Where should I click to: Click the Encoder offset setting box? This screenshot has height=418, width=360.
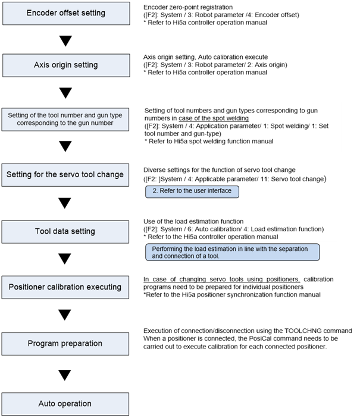click(66, 13)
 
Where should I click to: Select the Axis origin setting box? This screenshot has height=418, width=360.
click(66, 65)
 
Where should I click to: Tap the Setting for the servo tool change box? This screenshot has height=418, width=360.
click(65, 175)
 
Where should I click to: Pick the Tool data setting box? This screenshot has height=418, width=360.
click(65, 232)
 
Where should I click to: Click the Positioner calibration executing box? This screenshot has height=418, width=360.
click(65, 287)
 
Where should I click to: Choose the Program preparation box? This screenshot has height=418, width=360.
click(65, 344)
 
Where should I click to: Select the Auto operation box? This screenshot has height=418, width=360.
click(65, 404)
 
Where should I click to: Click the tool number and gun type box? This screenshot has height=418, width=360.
click(65, 120)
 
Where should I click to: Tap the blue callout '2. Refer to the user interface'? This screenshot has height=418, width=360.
click(192, 191)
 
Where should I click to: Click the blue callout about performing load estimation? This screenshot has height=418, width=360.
click(233, 252)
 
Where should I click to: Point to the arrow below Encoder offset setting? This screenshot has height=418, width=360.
click(65, 41)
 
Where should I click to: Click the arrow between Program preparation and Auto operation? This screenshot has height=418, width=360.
click(65, 375)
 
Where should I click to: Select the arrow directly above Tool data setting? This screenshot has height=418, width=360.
click(65, 203)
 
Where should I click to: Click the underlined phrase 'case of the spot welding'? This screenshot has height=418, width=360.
click(214, 118)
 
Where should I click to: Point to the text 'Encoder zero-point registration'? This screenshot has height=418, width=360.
click(188, 7)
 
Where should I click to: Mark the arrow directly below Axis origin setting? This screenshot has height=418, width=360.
click(65, 93)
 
